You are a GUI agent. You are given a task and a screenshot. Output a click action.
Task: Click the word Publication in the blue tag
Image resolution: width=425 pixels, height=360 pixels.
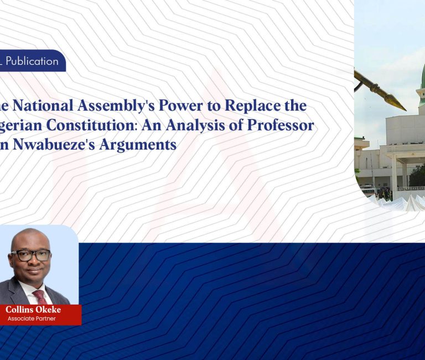click(32, 61)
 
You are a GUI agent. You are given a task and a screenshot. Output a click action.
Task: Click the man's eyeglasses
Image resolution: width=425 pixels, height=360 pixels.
click(31, 255)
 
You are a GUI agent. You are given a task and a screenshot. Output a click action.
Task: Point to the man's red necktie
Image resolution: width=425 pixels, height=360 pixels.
click(39, 296)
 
